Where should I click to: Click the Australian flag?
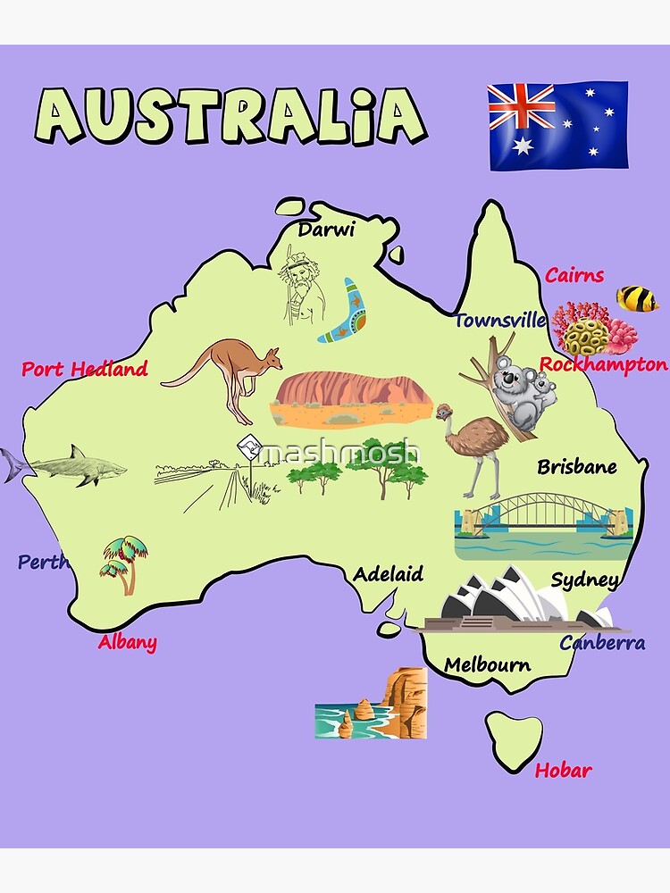557,125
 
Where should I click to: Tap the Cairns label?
574,275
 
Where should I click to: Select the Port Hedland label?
85,369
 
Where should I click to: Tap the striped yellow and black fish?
638,298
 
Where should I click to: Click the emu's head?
444,412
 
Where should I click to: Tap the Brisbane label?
576,467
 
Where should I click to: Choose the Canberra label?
602,642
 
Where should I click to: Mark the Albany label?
128,642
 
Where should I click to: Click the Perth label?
43,563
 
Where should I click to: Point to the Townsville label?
499,321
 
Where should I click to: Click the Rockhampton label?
604,364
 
